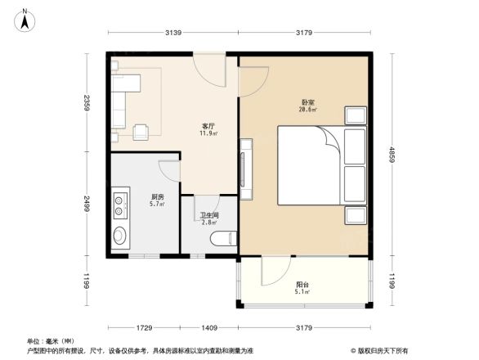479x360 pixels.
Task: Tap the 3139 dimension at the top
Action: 172,33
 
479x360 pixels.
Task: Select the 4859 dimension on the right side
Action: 392,155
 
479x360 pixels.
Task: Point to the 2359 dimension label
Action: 86,103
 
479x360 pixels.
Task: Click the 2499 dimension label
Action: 86,205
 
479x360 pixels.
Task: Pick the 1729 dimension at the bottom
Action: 145,328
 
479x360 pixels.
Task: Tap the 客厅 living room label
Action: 208,126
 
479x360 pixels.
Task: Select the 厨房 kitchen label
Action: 157,196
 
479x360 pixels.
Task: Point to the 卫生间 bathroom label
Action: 208,217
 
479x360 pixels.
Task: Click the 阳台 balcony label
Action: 302,284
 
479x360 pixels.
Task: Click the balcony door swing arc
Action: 276,268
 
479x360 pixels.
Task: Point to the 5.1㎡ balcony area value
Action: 302,291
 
